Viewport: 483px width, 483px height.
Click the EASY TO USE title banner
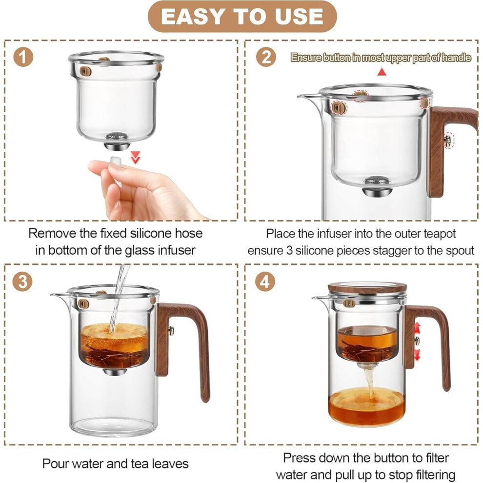pyautogui.click(x=242, y=16)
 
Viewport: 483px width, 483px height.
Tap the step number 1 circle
pyautogui.click(x=23, y=57)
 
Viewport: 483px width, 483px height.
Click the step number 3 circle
pyautogui.click(x=22, y=282)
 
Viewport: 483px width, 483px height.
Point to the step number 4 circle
pyautogui.click(x=265, y=282)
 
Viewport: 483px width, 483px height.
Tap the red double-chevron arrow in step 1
pyautogui.click(x=135, y=157)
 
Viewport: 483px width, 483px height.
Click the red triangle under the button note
pyautogui.click(x=382, y=72)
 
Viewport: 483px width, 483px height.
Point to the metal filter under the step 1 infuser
pyautogui.click(x=117, y=141)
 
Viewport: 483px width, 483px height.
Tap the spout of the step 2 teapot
pyautogui.click(x=308, y=98)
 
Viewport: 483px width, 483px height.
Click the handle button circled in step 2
pyautogui.click(x=447, y=141)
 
